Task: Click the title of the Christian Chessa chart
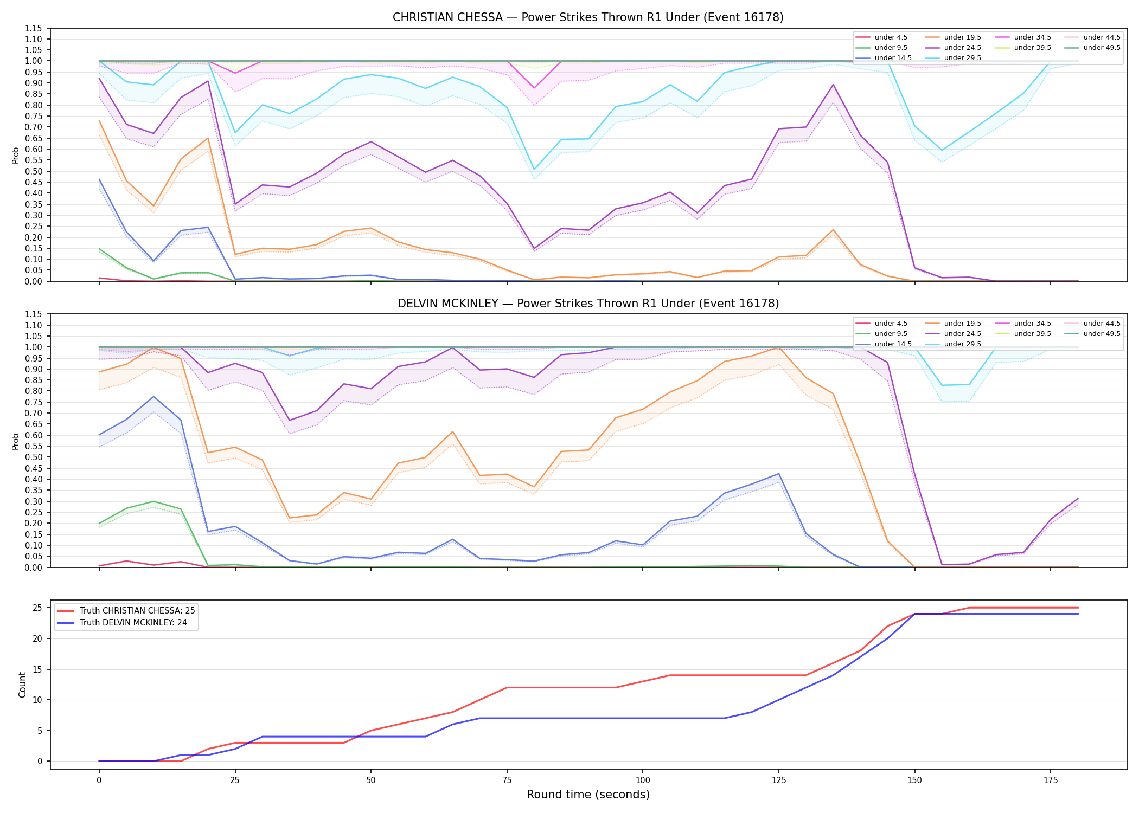(x=588, y=17)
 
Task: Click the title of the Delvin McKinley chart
(x=588, y=304)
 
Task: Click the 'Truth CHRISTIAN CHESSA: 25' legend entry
(x=126, y=611)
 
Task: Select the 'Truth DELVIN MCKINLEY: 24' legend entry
(x=122, y=623)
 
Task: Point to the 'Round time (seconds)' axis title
(x=588, y=795)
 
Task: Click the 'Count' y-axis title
(x=22, y=685)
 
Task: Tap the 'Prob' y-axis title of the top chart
(x=16, y=155)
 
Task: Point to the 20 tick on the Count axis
(x=38, y=638)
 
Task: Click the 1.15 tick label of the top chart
(x=34, y=28)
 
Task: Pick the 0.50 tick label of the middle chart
(x=34, y=457)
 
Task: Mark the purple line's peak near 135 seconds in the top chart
(x=833, y=85)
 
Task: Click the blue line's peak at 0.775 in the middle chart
(x=153, y=397)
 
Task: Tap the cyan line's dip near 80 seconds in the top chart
(x=534, y=169)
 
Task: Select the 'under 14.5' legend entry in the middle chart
(x=884, y=344)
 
